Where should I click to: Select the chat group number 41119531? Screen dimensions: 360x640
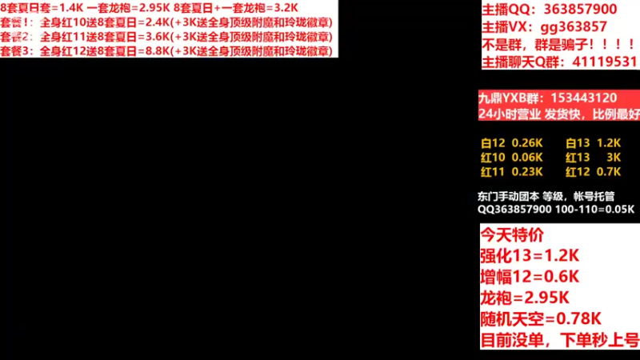[x=602, y=62]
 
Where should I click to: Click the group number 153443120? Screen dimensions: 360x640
[x=581, y=98]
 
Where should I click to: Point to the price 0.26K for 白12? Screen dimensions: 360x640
[x=526, y=143]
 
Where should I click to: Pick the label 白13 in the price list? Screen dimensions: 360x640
[x=577, y=143]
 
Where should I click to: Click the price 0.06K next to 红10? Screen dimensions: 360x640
[x=526, y=157]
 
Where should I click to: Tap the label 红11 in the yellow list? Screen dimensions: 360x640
[x=493, y=171]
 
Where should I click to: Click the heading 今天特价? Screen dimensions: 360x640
[x=511, y=236]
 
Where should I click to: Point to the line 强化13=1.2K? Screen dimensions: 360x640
[x=529, y=257]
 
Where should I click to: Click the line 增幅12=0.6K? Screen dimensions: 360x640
[x=529, y=278]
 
